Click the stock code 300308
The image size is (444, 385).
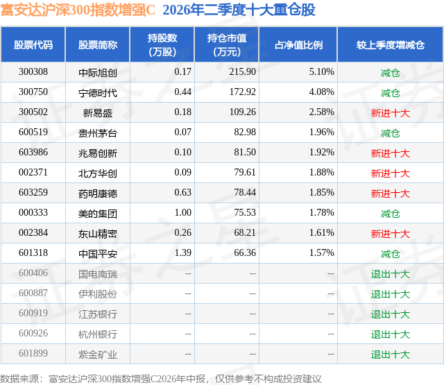pos(33,72)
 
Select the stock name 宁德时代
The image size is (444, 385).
pos(98,93)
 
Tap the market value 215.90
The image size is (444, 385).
pos(242,72)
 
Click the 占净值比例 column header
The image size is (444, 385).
pos(298,44)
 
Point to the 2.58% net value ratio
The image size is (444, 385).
pos(321,112)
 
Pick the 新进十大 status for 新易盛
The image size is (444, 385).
pos(391,113)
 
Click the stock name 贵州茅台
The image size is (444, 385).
pos(98,133)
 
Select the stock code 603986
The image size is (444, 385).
pos(33,153)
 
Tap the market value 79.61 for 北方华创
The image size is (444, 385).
pos(245,173)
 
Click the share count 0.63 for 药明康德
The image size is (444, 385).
pos(183,193)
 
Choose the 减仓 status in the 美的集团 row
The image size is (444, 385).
pos(391,214)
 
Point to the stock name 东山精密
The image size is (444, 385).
pos(98,234)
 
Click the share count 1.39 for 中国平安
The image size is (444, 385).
pos(183,253)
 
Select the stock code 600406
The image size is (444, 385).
pos(33,273)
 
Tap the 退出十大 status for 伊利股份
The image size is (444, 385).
pos(391,294)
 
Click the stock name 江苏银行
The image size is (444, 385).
pos(98,314)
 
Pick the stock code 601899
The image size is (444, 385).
pos(33,353)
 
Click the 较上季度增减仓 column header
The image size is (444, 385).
pos(391,44)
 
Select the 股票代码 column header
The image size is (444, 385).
pos(33,44)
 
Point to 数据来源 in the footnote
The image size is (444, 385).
pos(19,379)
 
